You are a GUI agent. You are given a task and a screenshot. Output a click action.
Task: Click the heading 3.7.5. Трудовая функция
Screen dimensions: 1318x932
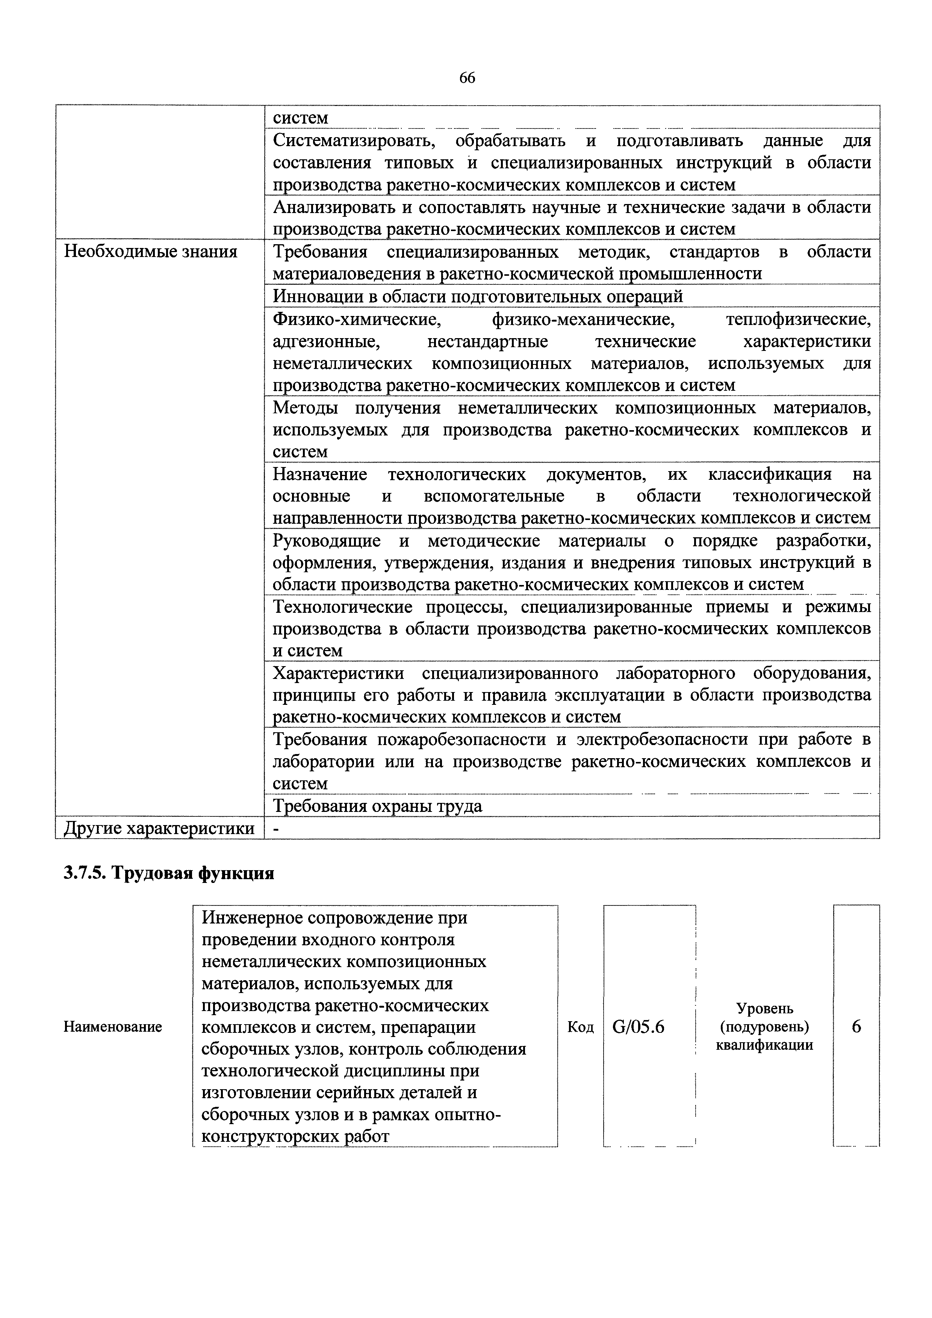(x=169, y=873)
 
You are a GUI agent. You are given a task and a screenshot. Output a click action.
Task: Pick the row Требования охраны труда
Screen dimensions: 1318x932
(x=377, y=806)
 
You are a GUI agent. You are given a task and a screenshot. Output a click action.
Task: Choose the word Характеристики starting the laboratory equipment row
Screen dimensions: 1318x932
(x=338, y=673)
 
